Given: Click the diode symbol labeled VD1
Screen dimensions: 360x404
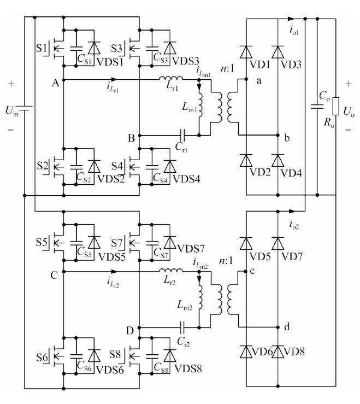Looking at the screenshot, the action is [246, 52].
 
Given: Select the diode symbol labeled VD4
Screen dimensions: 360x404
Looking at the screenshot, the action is [278, 161].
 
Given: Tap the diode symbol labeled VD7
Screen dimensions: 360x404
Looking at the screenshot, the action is [278, 244].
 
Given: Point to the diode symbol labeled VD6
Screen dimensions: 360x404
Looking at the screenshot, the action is [246, 352].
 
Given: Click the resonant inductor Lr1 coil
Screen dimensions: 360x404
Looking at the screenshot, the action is [171, 78].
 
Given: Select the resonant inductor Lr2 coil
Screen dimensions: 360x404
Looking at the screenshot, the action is [171, 270].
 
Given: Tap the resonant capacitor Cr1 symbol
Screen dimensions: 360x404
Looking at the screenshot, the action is [182, 135].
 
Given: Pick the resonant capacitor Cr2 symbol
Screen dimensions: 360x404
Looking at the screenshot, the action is [182, 327].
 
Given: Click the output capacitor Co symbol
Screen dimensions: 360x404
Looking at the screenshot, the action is [317, 107].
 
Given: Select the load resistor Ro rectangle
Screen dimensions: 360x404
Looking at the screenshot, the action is [336, 106].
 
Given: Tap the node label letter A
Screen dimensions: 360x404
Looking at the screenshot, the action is [55, 83].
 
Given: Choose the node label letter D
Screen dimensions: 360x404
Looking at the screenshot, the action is [131, 331].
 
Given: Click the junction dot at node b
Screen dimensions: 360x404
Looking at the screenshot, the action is [278, 135].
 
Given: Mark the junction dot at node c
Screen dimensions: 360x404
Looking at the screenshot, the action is [246, 271].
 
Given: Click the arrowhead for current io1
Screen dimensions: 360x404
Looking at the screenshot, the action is [291, 19].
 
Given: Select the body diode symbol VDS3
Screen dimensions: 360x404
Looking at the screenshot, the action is [170, 48].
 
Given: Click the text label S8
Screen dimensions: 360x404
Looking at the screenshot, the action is [115, 354].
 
